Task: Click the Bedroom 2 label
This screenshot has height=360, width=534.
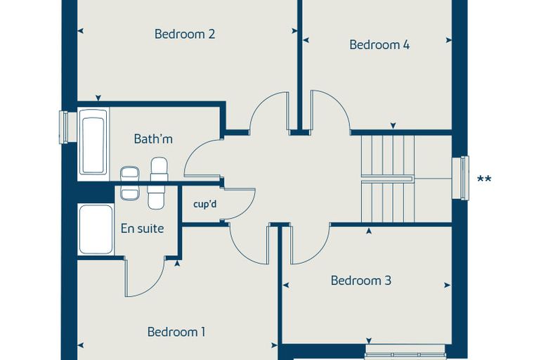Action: click(185, 34)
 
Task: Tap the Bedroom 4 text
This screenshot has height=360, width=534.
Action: click(379, 45)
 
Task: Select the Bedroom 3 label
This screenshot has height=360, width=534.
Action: click(361, 281)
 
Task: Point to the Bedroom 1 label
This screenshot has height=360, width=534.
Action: click(176, 332)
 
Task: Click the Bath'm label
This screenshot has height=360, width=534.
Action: click(153, 139)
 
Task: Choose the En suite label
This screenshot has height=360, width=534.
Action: click(142, 229)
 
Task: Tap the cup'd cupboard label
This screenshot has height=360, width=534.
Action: click(204, 205)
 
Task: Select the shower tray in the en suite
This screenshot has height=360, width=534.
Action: click(96, 229)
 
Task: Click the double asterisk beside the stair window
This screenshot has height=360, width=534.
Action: click(484, 179)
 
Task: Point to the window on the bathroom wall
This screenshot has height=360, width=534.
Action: click(64, 127)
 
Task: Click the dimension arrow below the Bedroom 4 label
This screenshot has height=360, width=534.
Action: click(393, 126)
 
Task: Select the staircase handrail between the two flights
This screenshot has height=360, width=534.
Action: click(388, 179)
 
